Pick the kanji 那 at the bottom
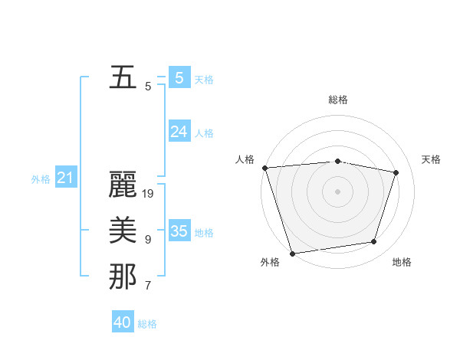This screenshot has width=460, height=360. click(x=123, y=277)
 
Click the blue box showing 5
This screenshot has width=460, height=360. click(x=179, y=77)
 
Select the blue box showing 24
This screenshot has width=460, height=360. click(x=179, y=132)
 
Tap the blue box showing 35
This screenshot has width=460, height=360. click(x=179, y=231)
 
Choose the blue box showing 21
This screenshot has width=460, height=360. click(x=65, y=178)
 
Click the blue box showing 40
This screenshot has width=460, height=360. click(x=123, y=322)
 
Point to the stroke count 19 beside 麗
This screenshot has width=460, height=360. click(x=149, y=194)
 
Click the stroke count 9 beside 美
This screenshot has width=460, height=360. click(x=148, y=240)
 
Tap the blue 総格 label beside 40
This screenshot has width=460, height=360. click(x=147, y=324)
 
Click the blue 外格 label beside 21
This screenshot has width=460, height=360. click(x=41, y=179)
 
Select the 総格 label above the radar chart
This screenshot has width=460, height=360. click(x=337, y=100)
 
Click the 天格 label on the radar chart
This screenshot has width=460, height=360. click(x=432, y=159)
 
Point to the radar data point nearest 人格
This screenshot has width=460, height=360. click(x=264, y=168)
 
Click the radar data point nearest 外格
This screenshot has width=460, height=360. click(x=292, y=253)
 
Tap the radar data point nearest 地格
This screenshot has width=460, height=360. click(x=374, y=242)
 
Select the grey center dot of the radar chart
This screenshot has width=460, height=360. click(x=337, y=191)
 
